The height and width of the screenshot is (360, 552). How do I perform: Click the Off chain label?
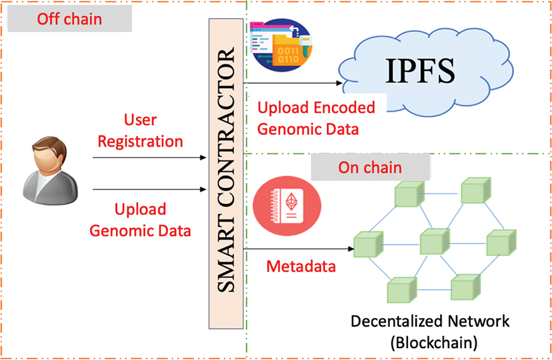pos(69,19)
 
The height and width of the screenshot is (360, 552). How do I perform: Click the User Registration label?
pos(140,130)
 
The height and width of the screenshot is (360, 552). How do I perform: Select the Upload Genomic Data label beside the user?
pos(140,220)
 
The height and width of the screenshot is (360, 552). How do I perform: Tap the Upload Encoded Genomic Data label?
pos(316,118)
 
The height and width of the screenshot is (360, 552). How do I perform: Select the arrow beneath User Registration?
pos(149,158)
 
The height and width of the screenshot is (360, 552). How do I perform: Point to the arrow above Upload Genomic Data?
pos(149,189)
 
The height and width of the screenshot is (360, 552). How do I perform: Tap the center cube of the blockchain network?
pos(433,243)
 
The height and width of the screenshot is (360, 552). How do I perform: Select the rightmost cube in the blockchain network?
pos(501,243)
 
